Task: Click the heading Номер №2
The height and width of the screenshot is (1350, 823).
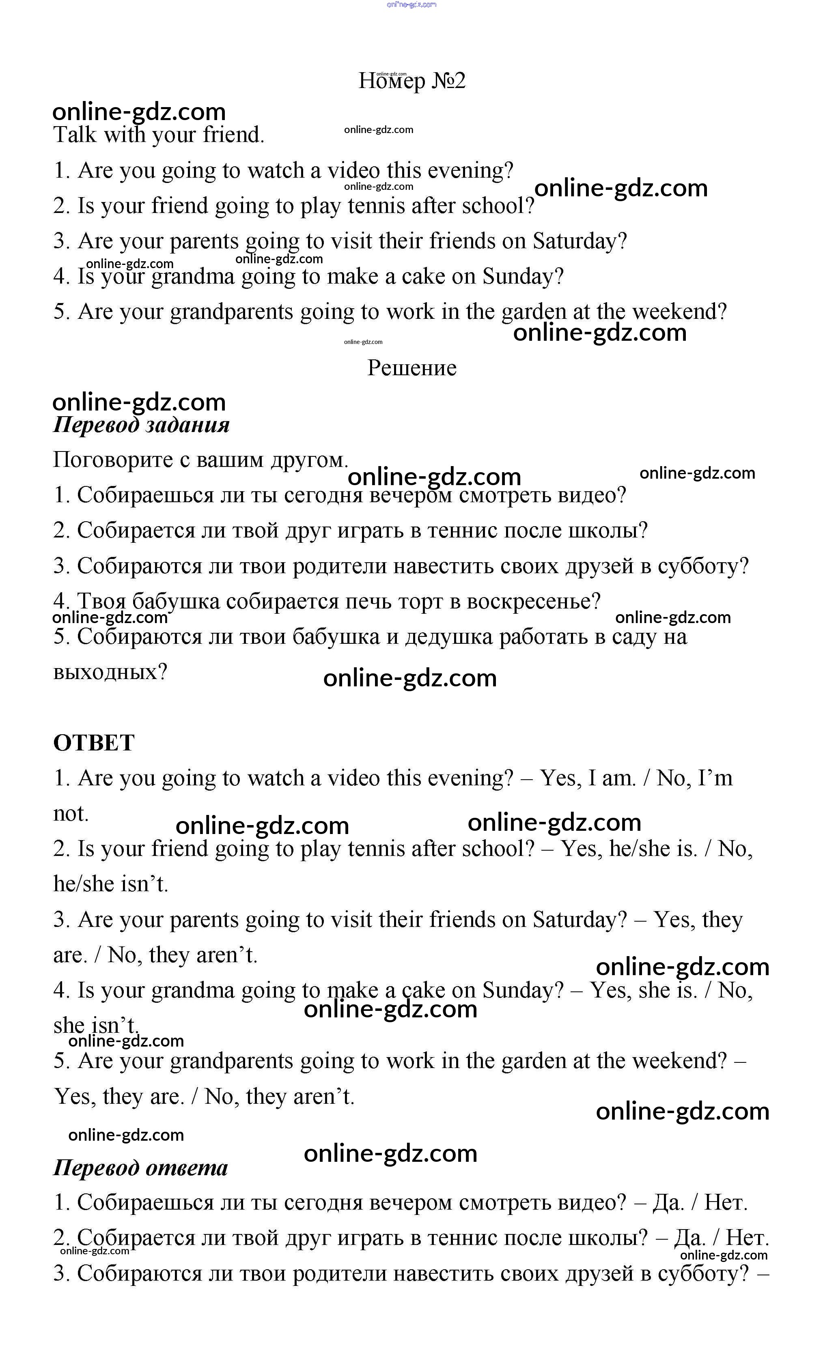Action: click(411, 81)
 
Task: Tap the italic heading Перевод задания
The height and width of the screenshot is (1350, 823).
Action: click(141, 425)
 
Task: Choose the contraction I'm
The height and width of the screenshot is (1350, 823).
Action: click(715, 778)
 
